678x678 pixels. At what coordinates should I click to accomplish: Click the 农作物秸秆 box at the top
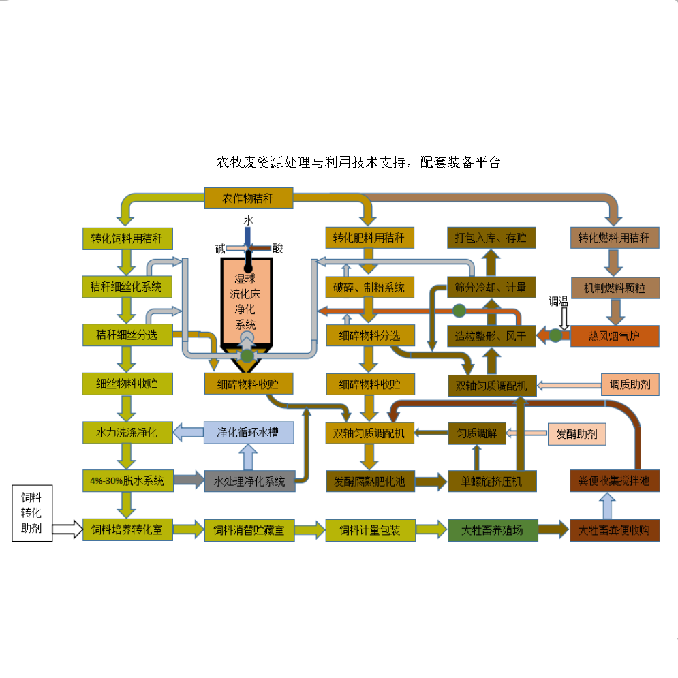(x=249, y=198)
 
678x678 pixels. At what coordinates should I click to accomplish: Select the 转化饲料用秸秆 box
(x=127, y=238)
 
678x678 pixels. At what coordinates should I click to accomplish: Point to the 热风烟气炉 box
(x=615, y=335)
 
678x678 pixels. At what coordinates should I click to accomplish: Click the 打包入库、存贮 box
(x=491, y=238)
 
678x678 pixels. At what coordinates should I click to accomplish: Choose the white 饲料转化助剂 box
(x=32, y=512)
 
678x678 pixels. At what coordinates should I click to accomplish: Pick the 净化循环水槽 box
(x=249, y=432)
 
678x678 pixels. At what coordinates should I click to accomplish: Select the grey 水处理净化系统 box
(x=249, y=481)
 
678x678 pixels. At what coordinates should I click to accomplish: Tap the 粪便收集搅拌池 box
(x=615, y=481)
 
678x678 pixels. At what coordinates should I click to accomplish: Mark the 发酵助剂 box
(x=576, y=433)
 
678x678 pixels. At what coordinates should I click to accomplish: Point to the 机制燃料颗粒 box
(x=615, y=287)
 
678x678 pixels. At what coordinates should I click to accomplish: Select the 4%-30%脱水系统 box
(x=127, y=480)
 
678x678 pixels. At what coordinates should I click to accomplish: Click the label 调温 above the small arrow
(x=559, y=301)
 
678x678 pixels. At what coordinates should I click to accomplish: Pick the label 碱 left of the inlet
(x=220, y=249)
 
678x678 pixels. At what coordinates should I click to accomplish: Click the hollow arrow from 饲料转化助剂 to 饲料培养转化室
(x=67, y=529)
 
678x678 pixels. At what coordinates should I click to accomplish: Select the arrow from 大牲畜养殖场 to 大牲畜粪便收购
(x=554, y=529)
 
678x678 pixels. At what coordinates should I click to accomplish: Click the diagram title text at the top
(x=358, y=162)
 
